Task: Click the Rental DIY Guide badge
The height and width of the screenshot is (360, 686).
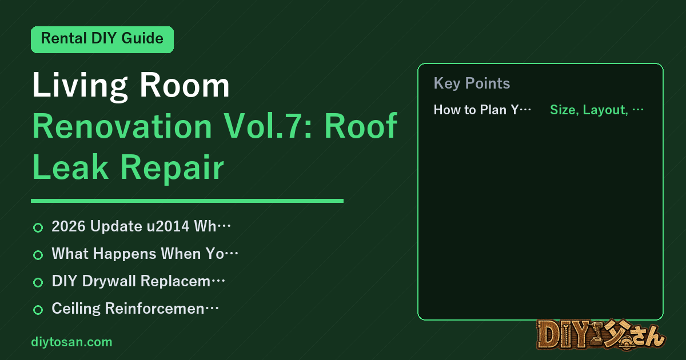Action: click(102, 39)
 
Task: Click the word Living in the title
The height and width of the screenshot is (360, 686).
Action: click(80, 86)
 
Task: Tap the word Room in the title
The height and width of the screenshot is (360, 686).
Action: click(184, 85)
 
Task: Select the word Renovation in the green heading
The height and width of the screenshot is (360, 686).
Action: click(122, 126)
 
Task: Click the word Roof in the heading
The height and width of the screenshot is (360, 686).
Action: click(361, 126)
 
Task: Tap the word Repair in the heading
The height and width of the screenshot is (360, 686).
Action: click(172, 169)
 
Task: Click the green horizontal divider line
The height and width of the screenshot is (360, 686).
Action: click(187, 201)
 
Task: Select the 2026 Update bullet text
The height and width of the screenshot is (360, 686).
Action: click(141, 226)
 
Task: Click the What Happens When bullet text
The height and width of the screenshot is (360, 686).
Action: click(145, 254)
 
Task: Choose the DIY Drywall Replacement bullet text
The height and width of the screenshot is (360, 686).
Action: click(138, 281)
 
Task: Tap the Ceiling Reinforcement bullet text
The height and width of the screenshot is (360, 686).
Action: click(135, 308)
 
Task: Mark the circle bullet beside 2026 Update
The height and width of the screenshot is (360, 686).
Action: click(38, 227)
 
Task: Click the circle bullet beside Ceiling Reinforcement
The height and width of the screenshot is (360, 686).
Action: click(38, 310)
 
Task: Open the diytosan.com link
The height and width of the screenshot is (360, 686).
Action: click(71, 342)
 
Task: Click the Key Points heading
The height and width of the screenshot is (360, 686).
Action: click(472, 83)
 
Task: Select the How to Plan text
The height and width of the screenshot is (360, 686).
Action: click(482, 110)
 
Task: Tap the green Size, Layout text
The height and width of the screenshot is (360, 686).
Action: click(597, 110)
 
